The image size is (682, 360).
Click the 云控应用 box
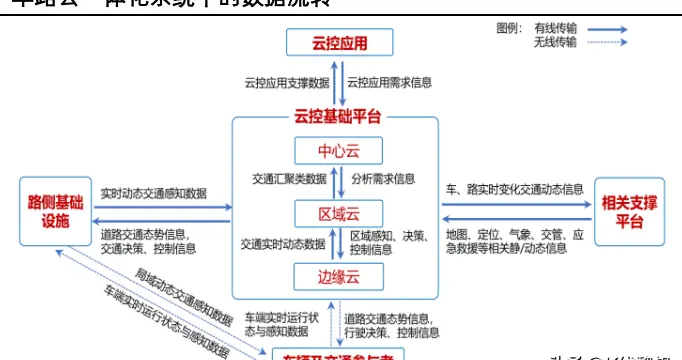(x=340, y=44)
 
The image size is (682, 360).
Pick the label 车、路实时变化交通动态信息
(x=514, y=188)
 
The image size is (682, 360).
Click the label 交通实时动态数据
(x=282, y=243)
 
